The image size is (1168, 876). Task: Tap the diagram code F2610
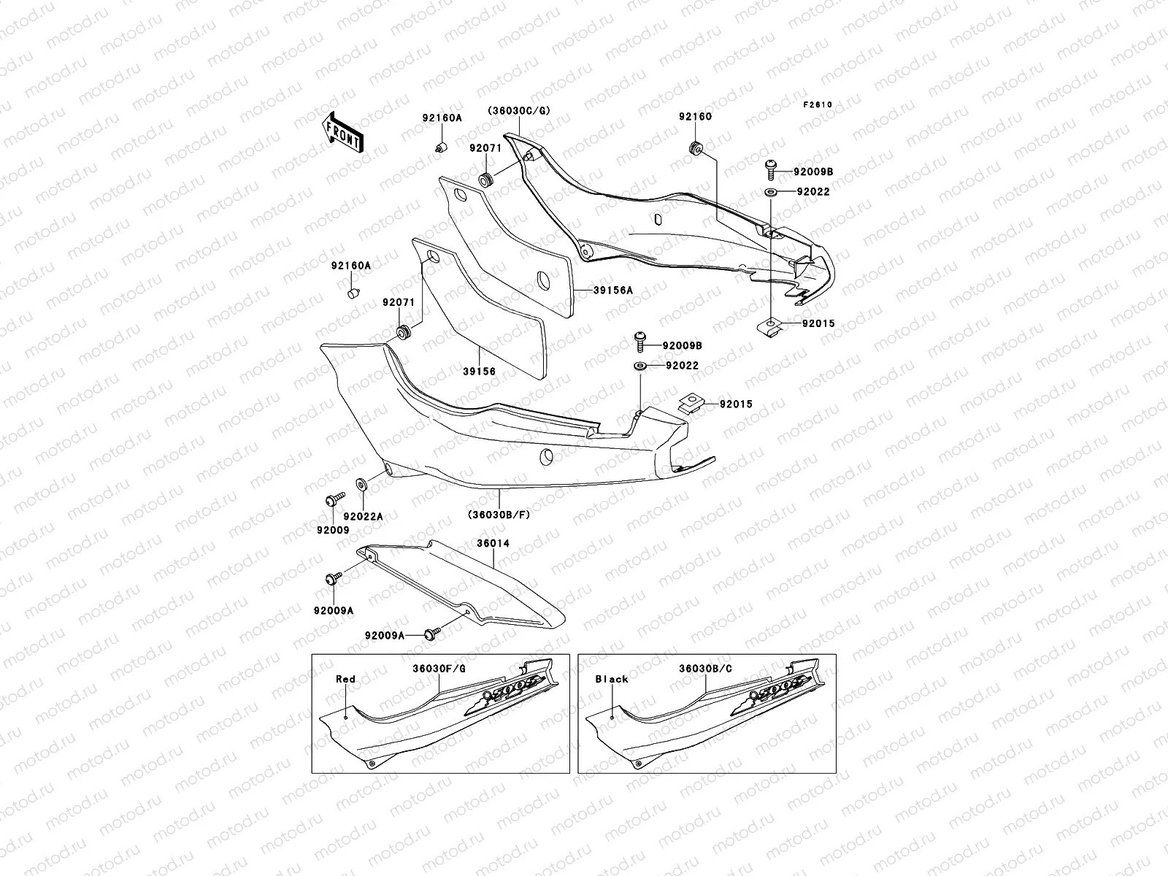(818, 104)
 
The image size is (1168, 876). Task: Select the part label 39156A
(612, 290)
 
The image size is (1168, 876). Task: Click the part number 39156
(479, 372)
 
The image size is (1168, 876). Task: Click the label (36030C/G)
(519, 110)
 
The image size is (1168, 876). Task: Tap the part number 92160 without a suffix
(695, 117)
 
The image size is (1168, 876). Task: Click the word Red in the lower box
(345, 679)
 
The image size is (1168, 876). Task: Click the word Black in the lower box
(612, 679)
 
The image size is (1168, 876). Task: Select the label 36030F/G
(439, 668)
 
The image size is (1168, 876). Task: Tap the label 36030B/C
(705, 668)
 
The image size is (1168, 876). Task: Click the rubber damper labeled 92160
(696, 147)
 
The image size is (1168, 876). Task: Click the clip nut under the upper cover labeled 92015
(771, 326)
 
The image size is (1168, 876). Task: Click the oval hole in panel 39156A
(544, 280)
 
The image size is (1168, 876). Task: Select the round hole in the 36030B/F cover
(545, 457)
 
